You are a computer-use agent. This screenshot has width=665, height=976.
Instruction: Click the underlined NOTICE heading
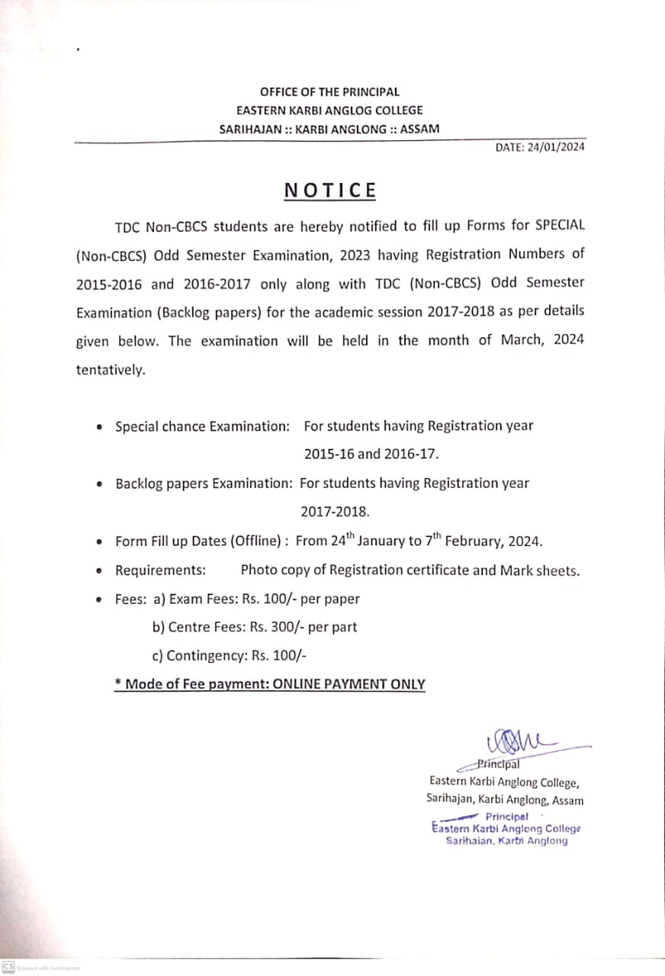click(x=330, y=190)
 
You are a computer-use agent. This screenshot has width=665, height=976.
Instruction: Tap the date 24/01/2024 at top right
click(x=555, y=147)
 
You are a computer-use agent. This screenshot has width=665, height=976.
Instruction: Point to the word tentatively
click(x=110, y=370)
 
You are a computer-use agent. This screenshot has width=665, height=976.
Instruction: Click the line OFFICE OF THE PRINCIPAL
click(x=329, y=91)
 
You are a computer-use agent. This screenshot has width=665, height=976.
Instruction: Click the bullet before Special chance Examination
click(x=100, y=428)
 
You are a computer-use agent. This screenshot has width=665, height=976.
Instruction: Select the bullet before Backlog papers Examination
click(x=100, y=484)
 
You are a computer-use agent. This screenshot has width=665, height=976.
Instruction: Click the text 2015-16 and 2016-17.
click(x=372, y=454)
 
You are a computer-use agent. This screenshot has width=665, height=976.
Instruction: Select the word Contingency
click(x=202, y=656)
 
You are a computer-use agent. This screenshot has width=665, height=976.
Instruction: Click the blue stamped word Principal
click(x=506, y=816)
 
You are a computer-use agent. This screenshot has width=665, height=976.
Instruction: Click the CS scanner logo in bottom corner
click(x=8, y=966)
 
